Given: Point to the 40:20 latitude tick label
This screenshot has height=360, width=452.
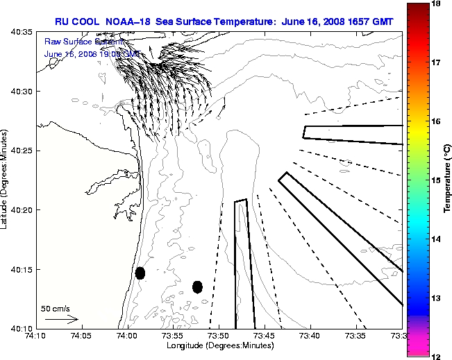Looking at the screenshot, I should pyautogui.click(x=21, y=210).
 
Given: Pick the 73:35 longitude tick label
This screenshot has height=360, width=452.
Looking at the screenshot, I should pyautogui.click(x=356, y=336).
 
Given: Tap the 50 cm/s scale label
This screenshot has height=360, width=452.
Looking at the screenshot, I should pyautogui.click(x=56, y=309).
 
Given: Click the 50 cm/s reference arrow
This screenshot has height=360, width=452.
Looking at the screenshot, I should pyautogui.click(x=62, y=320).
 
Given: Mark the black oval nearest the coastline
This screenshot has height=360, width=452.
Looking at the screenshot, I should pyautogui.click(x=140, y=273).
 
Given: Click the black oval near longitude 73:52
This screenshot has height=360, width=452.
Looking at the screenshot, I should pyautogui.click(x=197, y=286).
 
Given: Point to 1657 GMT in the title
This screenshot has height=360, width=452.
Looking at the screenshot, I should pyautogui.click(x=372, y=22).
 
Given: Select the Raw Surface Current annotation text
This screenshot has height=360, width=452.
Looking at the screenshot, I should pyautogui.click(x=75, y=42).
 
